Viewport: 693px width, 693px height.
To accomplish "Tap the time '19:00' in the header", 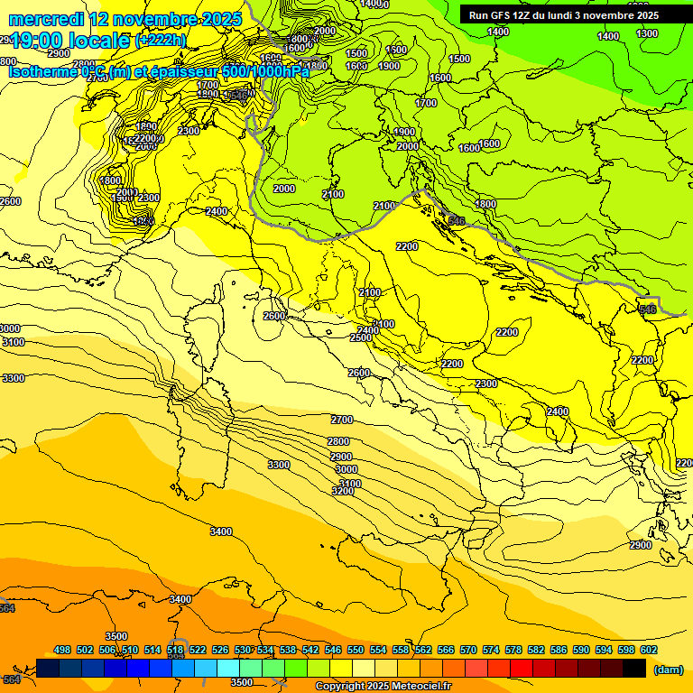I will click(x=35, y=41).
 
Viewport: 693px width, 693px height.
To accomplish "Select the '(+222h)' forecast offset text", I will click(x=161, y=41).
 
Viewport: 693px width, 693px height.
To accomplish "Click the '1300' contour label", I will click(x=647, y=33).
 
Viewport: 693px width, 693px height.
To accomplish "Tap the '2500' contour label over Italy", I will click(x=361, y=337).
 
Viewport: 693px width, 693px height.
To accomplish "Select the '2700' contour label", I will click(x=341, y=420).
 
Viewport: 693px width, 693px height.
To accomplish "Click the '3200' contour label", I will click(x=342, y=491).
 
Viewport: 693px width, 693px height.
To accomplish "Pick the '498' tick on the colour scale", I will click(x=62, y=650).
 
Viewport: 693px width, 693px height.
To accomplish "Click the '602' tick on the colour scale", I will click(x=649, y=650).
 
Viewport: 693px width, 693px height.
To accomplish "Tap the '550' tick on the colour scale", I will click(x=356, y=650).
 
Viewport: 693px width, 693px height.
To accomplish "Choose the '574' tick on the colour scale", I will click(x=491, y=650).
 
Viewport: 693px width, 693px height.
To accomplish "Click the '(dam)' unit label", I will click(x=667, y=669).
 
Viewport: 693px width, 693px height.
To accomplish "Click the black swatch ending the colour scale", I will click(x=634, y=668).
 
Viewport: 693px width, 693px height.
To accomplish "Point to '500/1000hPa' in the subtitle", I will click(x=265, y=70).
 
